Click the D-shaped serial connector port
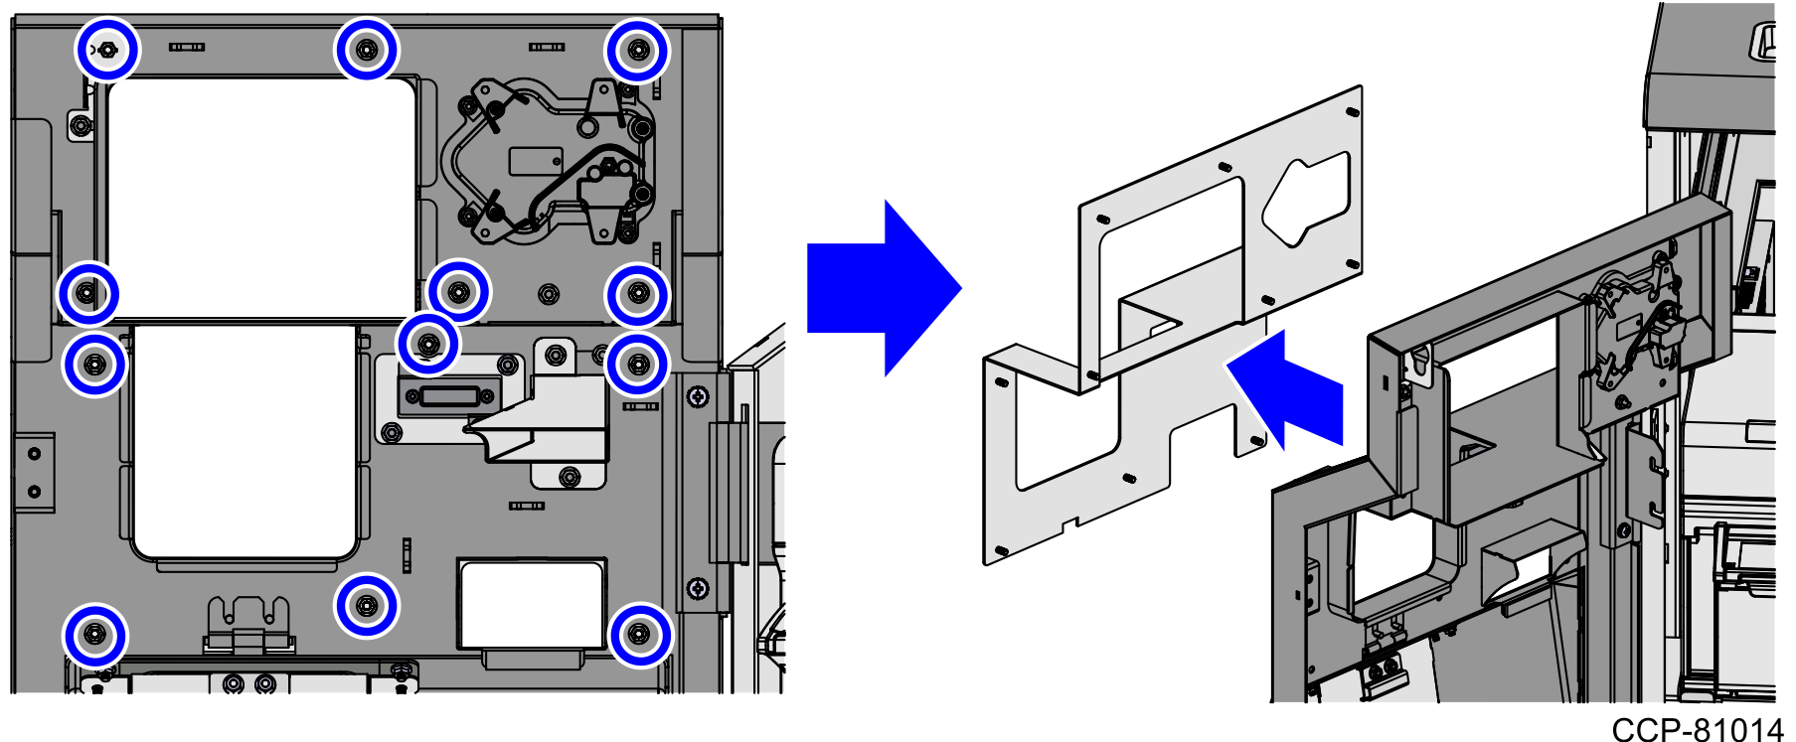448,397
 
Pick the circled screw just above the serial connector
428,344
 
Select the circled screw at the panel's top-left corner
108,50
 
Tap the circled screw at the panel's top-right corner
637,50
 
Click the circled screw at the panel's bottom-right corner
639,634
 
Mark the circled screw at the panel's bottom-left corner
94,634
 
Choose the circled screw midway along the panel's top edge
367,50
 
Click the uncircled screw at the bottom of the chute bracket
569,477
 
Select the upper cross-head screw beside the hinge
699,397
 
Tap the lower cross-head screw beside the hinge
699,588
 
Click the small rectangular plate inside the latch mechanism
536,160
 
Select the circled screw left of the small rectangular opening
367,604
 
